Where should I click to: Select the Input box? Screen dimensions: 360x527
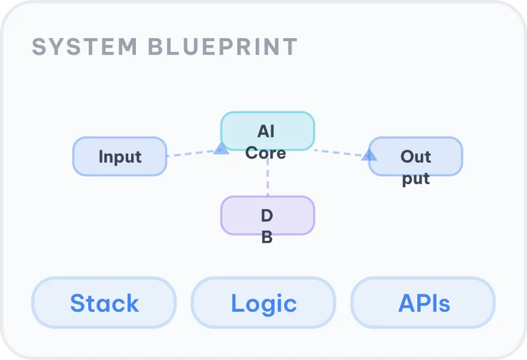coord(119,157)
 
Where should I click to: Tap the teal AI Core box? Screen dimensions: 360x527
coord(267,131)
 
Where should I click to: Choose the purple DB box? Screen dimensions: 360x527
coord(267,215)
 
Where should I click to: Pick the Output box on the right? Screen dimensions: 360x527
coord(416,157)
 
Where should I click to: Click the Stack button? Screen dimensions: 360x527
coord(104,303)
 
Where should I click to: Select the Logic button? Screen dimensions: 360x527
coord(263,303)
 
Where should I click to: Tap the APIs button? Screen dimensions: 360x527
coord(423,303)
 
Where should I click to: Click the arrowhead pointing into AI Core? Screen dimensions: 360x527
coord(221,148)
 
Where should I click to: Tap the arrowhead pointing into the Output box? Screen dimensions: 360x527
coord(369,155)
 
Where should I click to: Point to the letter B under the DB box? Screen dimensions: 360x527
coord(267,237)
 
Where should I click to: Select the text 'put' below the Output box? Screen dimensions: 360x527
coord(416,178)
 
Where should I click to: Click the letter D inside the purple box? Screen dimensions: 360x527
coord(267,215)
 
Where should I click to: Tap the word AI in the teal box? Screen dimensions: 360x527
coord(266,131)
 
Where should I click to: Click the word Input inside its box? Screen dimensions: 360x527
coord(120,157)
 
